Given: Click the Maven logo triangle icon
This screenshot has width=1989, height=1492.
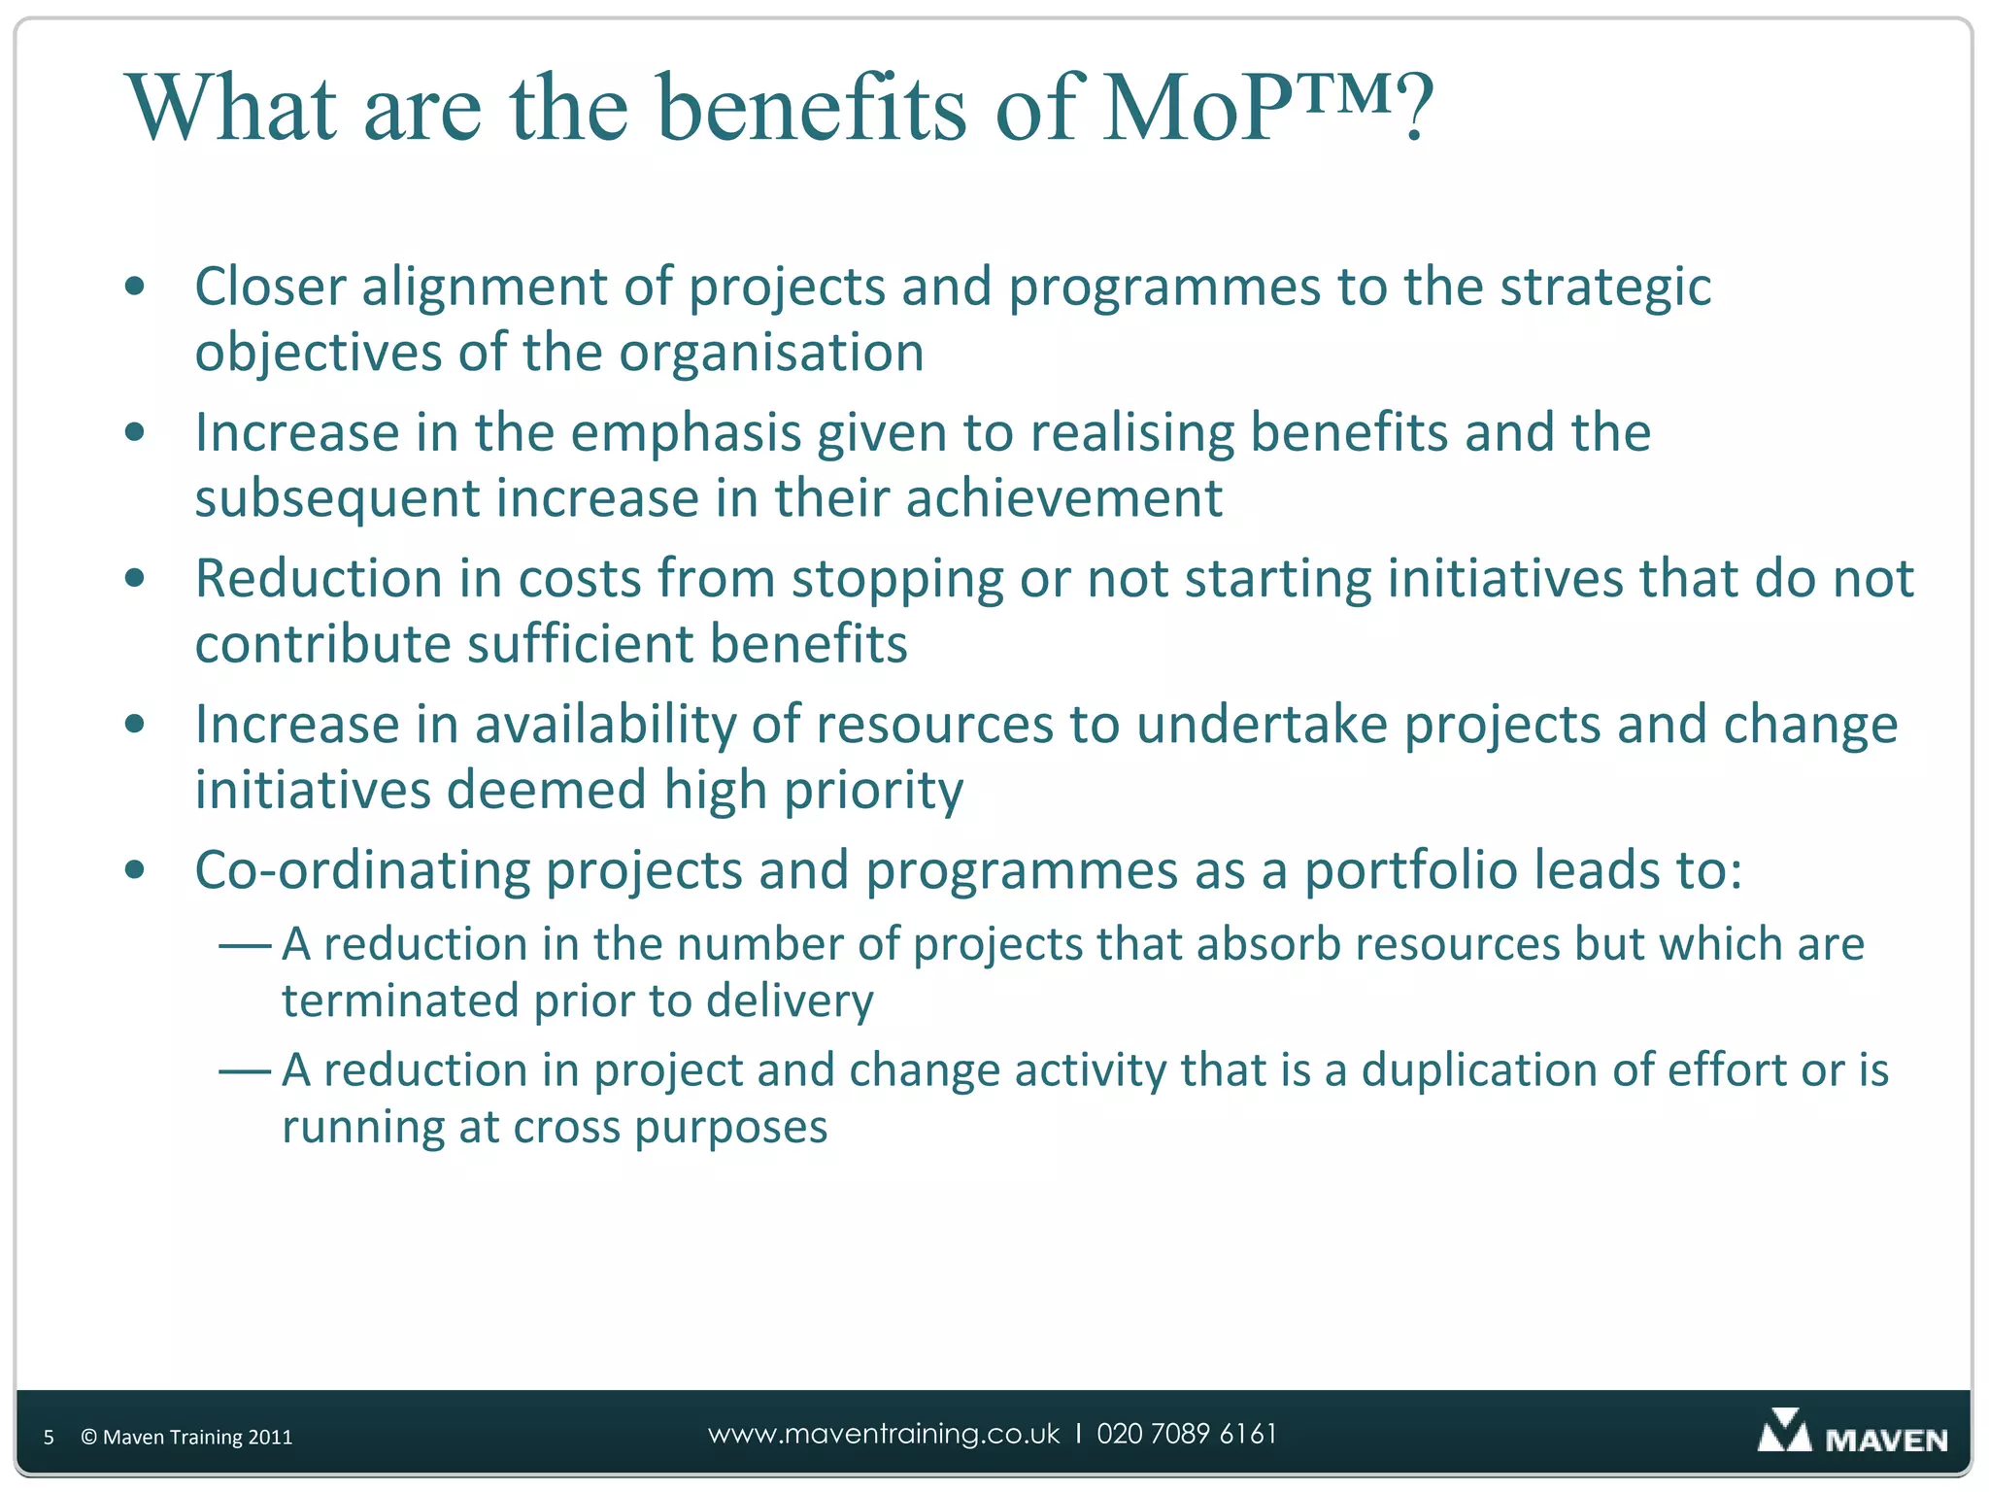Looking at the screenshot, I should coord(1784,1432).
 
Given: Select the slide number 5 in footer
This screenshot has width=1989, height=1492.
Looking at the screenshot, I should coord(49,1438).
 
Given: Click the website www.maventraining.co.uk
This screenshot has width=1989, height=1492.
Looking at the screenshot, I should coord(884,1435).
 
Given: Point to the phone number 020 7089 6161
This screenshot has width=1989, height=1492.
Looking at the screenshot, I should coord(1187,1435).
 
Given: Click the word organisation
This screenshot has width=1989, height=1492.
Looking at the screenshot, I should coord(771,352).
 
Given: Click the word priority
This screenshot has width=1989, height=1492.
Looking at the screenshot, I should coord(873,791).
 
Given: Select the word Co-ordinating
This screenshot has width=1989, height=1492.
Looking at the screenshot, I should coord(361,870).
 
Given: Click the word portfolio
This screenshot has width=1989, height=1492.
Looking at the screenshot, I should coord(1410,870).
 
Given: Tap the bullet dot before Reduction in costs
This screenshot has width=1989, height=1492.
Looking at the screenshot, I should coord(135,578).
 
